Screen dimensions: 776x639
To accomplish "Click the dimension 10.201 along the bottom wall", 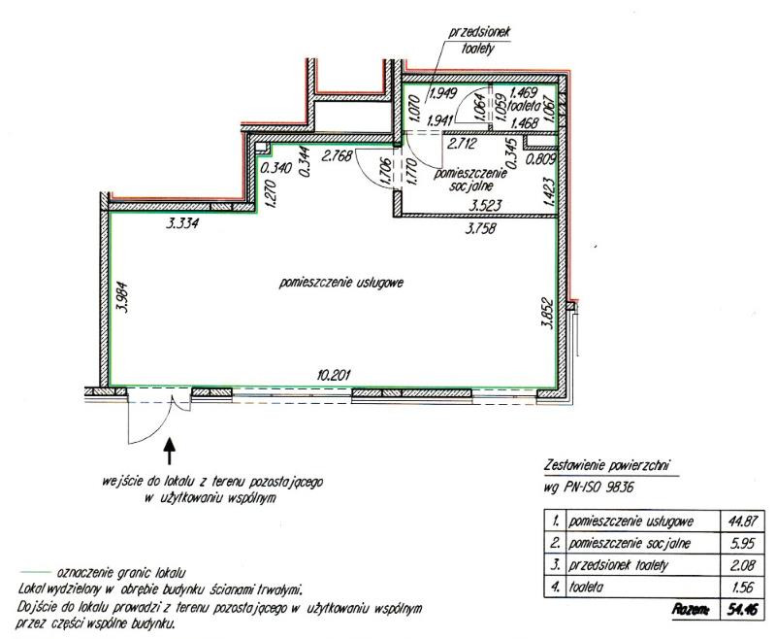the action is [334, 375].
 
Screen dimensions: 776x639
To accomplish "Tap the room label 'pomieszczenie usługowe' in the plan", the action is [341, 283].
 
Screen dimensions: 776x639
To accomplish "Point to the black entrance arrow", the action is [169, 451].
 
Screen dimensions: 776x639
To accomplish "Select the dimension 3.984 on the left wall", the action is [122, 297].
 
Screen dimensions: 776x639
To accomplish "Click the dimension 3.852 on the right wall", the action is [547, 313].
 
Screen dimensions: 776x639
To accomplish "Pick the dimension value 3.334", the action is [182, 224].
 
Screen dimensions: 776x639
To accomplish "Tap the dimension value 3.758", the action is [479, 228].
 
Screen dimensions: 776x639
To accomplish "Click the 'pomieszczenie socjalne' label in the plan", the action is [470, 180].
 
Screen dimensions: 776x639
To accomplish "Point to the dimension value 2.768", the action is [337, 156].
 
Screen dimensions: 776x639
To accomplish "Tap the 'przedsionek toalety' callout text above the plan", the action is [478, 40].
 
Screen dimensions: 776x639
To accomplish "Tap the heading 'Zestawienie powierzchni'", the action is [607, 465].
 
